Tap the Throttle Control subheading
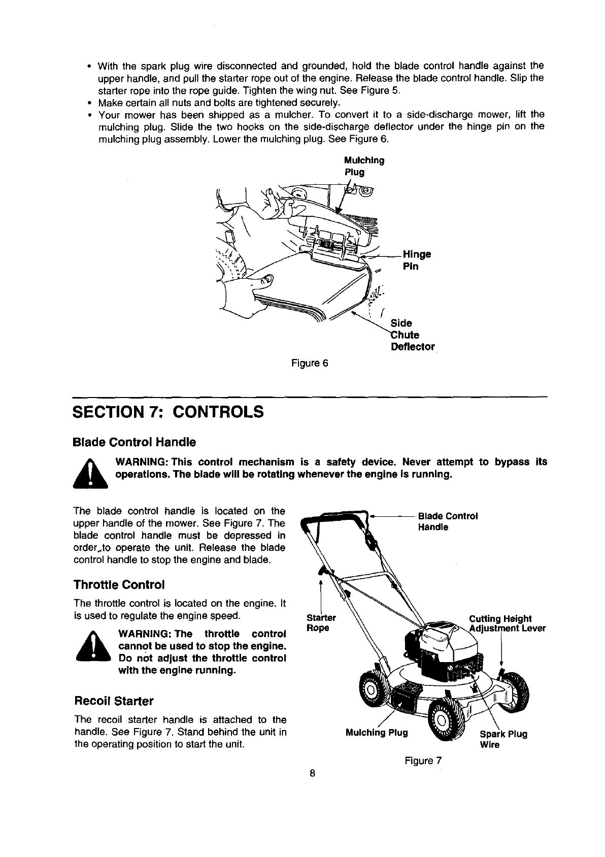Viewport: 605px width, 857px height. pyautogui.click(x=119, y=584)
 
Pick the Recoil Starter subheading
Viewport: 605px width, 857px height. pyautogui.click(x=114, y=701)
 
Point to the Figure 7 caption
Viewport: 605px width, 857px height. pyautogui.click(x=423, y=761)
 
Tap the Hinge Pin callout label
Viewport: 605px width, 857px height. pyautogui.click(x=416, y=260)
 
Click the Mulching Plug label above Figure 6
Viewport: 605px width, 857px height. pyautogui.click(x=364, y=166)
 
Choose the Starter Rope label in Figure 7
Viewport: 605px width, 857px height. pyautogui.click(x=321, y=623)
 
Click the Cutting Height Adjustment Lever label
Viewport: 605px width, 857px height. pyautogui.click(x=507, y=623)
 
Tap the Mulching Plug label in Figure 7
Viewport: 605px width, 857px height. pyautogui.click(x=376, y=733)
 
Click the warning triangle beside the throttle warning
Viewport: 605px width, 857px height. pyautogui.click(x=92, y=647)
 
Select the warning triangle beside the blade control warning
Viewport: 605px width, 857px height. pyautogui.click(x=90, y=473)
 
